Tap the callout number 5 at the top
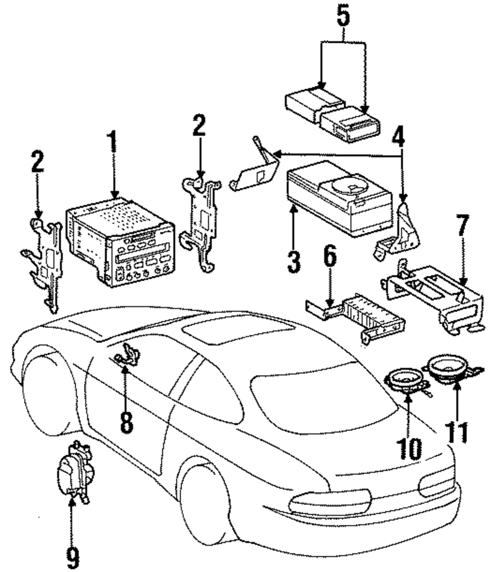[343, 16]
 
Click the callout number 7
[463, 226]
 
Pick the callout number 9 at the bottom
[73, 558]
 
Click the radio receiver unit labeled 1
[120, 242]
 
